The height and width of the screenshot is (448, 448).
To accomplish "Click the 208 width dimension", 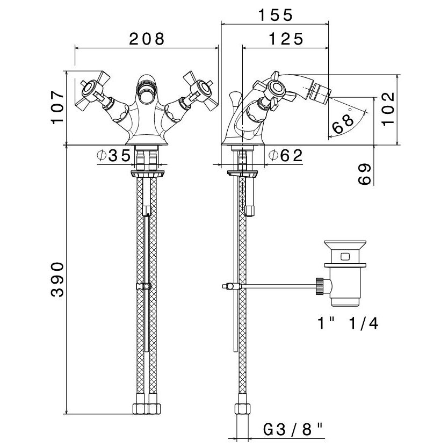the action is pos(147,39).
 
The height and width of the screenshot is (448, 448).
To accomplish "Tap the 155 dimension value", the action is pos(276,15).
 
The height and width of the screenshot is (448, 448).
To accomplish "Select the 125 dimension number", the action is pos(286,39).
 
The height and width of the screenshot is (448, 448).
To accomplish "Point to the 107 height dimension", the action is pos(57,107).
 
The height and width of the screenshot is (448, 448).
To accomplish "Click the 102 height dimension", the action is pos(388,109).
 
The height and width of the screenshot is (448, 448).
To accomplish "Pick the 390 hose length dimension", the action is pos(57,280).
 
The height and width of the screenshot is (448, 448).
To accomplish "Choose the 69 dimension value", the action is pos(364,174).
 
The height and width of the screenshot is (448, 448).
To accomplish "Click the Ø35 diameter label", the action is pos(114,156).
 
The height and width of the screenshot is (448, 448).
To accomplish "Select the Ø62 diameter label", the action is pos(285,156).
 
